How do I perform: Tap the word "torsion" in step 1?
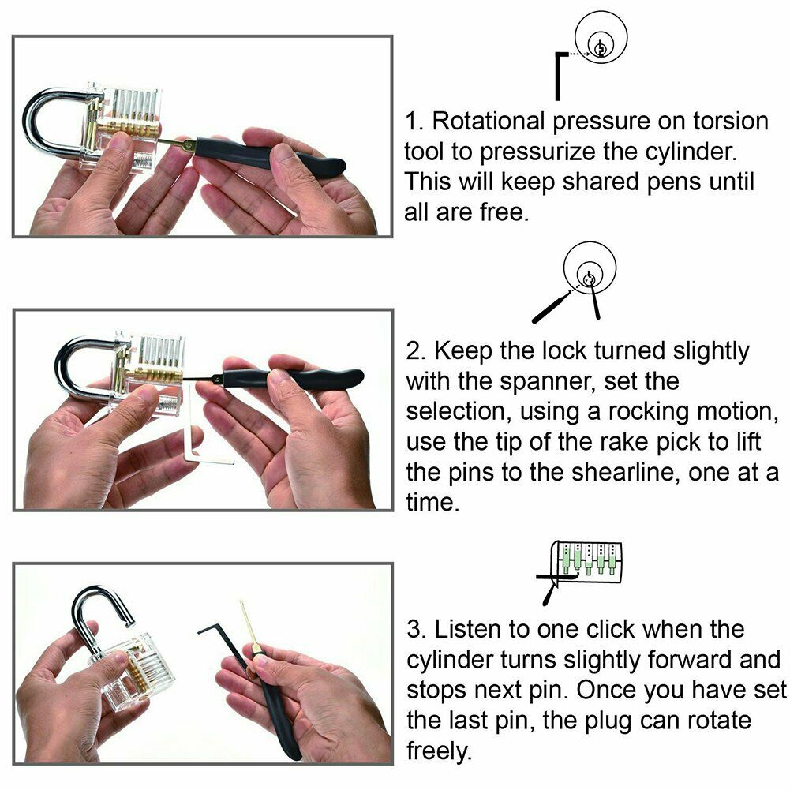731,122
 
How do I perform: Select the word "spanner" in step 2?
547,381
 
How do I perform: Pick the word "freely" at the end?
438,751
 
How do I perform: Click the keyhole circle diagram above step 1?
601,37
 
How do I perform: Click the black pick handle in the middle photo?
293,378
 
